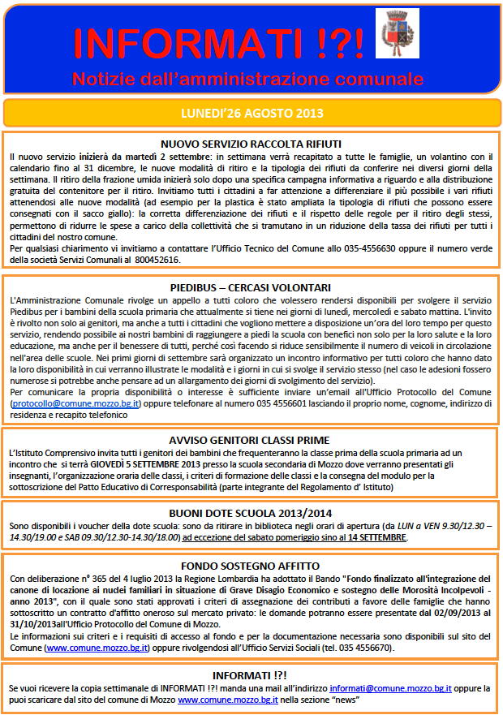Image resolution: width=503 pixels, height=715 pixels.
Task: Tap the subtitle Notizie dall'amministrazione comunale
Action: pos(248,80)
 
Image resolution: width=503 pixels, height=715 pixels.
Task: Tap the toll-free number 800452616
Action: pos(158,260)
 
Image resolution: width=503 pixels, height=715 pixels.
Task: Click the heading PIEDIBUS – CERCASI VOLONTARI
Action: pos(251,287)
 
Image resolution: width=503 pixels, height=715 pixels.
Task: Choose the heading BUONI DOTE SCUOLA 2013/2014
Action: pos(251,514)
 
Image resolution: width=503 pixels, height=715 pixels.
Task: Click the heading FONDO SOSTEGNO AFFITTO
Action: pos(251,565)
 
